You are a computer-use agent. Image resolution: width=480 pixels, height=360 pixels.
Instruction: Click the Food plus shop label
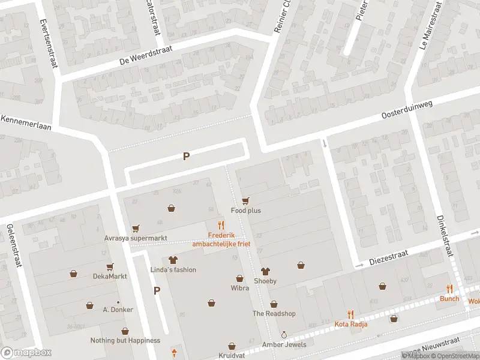(246, 211)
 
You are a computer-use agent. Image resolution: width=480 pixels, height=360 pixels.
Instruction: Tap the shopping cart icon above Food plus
(245, 200)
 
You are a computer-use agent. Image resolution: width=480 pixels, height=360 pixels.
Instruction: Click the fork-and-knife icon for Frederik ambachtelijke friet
(221, 226)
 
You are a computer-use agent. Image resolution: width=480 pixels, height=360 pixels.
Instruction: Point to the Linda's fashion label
(173, 269)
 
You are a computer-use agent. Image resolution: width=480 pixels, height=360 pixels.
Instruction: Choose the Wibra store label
(239, 288)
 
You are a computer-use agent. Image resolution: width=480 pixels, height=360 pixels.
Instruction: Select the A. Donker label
(118, 310)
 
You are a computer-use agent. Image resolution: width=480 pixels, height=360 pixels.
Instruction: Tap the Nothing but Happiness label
(125, 340)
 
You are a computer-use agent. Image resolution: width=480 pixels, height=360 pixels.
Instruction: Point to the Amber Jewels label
(284, 344)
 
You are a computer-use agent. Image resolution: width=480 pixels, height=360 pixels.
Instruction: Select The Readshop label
(274, 313)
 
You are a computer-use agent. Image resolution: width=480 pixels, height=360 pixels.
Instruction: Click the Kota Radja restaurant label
(351, 324)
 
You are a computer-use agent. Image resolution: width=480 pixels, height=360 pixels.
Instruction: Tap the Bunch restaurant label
(449, 298)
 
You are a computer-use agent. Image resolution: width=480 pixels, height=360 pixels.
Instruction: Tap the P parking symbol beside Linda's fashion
(157, 291)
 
